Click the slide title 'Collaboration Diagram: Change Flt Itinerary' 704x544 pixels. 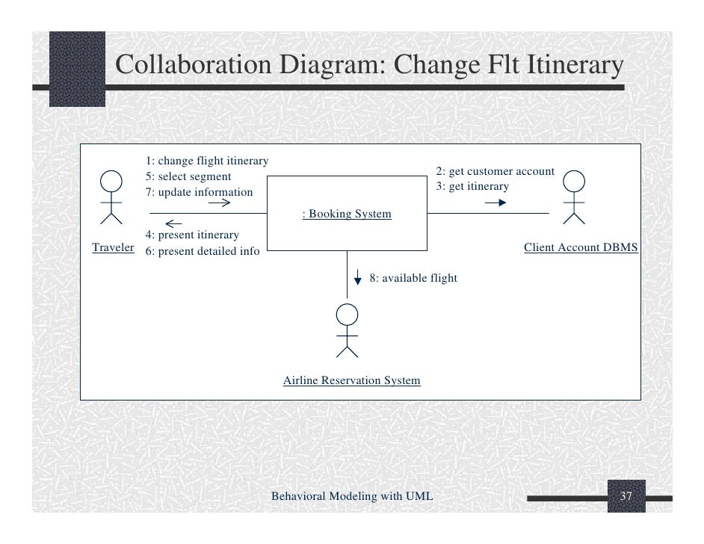pyautogui.click(x=369, y=66)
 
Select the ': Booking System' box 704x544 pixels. pyautogui.click(x=346, y=214)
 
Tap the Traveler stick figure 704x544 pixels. pyautogui.click(x=111, y=197)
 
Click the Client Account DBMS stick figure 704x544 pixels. pyautogui.click(x=574, y=197)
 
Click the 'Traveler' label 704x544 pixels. pyautogui.click(x=112, y=247)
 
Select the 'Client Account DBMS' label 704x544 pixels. pyautogui.click(x=581, y=247)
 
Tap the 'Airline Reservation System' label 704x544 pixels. pyautogui.click(x=351, y=381)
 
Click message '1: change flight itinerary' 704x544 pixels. pyautogui.click(x=207, y=161)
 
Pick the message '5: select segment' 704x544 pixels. pyautogui.click(x=188, y=177)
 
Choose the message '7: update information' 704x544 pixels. pyautogui.click(x=199, y=193)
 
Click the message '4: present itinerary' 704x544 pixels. pyautogui.click(x=192, y=235)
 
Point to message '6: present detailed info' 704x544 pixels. pyautogui.click(x=203, y=251)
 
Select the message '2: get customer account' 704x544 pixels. pyautogui.click(x=495, y=171)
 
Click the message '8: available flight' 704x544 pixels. pyautogui.click(x=413, y=278)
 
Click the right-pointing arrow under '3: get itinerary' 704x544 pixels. pyautogui.click(x=495, y=202)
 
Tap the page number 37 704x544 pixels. pyautogui.click(x=626, y=497)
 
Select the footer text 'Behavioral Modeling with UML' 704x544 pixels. pyautogui.click(x=351, y=496)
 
